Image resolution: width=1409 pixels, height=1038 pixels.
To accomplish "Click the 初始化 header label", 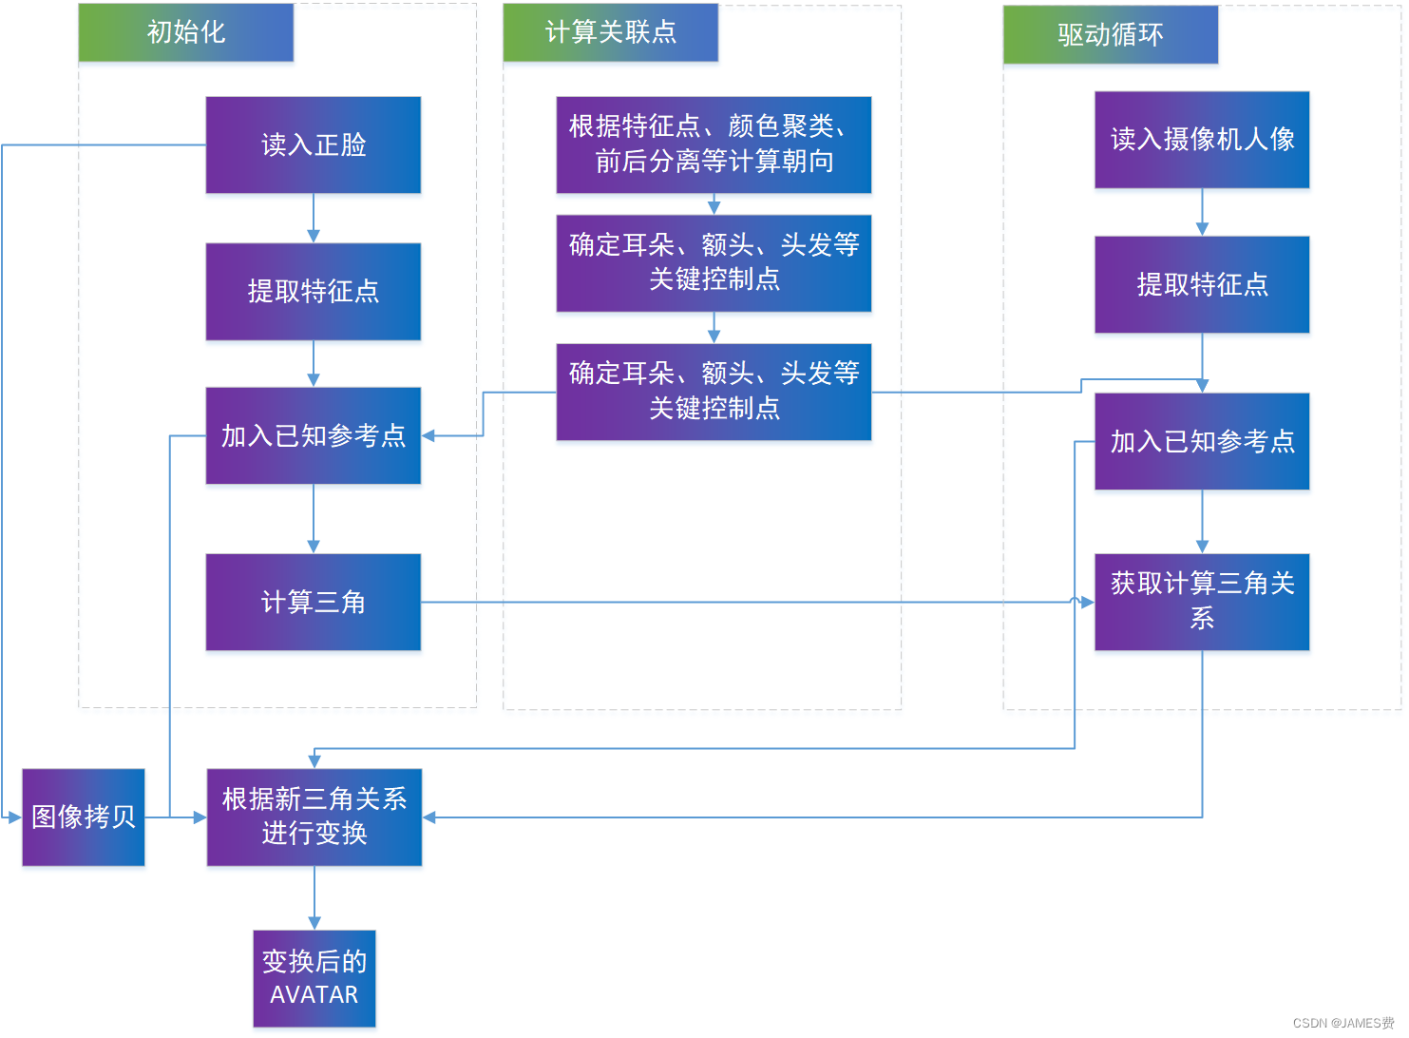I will [185, 32].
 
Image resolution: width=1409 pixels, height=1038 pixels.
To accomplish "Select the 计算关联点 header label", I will [610, 32].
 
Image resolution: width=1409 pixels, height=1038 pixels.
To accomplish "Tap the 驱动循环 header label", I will [1110, 35].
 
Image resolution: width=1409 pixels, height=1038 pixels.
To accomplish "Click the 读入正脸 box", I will [313, 144].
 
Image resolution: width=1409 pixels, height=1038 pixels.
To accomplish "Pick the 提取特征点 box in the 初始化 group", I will [313, 291].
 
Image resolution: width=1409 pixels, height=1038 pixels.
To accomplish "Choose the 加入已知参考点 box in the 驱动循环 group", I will [1202, 441].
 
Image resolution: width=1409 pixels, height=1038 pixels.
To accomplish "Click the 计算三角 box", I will [313, 602].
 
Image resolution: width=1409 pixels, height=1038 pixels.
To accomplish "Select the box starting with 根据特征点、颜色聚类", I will [713, 144].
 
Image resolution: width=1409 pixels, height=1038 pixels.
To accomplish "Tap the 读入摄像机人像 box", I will [1202, 140].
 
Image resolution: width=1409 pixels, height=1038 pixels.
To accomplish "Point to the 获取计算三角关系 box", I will [1202, 602].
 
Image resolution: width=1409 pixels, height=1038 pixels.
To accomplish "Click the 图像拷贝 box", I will [84, 817].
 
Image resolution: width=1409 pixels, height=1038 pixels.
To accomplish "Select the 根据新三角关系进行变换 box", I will [314, 817].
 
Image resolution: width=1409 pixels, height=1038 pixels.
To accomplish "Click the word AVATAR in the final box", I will [314, 995].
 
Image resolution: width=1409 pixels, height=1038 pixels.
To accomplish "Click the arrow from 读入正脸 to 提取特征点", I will [314, 219].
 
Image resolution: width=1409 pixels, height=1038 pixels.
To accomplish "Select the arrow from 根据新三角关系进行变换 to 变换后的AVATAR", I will [314, 897].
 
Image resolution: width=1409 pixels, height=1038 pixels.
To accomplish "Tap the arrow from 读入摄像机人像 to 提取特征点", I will [1202, 212].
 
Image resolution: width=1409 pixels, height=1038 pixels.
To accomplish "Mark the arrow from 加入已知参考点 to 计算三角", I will [314, 519].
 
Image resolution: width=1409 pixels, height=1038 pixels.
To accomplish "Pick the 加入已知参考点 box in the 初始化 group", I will [313, 435].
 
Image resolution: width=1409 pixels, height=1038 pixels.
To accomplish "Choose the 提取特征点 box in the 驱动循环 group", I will [1202, 284].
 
